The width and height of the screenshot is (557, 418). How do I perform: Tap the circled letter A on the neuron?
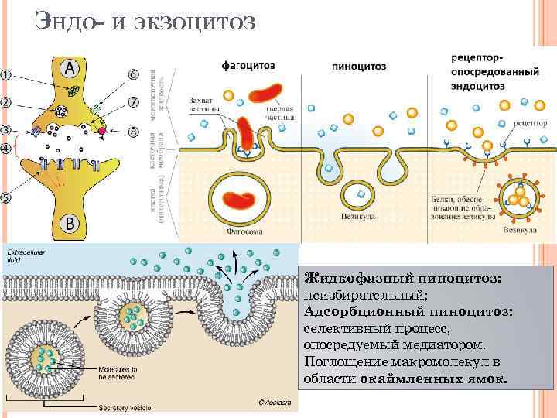[x=70, y=68]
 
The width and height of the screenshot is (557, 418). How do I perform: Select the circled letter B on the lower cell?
[x=70, y=224]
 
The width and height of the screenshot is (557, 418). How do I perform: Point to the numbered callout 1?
[x=5, y=75]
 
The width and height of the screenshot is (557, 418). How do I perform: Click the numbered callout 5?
[x=5, y=197]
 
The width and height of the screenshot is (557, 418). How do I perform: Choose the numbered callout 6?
[x=133, y=75]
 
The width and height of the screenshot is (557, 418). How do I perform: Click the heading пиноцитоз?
[x=359, y=67]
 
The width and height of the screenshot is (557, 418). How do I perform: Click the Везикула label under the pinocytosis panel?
[x=358, y=217]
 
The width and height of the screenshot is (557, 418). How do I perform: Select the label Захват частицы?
[x=203, y=104]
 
